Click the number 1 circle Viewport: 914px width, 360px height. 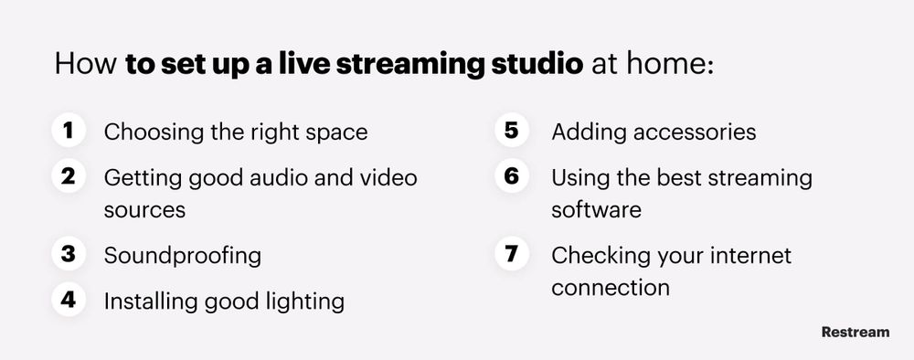point(69,131)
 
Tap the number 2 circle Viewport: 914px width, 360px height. point(69,176)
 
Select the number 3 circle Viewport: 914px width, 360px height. point(69,254)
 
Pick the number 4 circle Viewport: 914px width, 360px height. point(69,300)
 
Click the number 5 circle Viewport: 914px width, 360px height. point(513,131)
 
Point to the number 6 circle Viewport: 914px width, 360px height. point(513,176)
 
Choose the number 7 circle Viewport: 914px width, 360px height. point(513,254)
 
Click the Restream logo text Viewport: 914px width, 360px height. point(855,332)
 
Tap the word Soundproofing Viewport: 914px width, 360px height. point(183,255)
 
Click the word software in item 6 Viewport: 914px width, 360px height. point(596,209)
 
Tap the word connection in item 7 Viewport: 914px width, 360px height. point(611,287)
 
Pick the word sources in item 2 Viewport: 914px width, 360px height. point(144,209)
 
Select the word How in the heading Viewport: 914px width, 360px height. point(85,66)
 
